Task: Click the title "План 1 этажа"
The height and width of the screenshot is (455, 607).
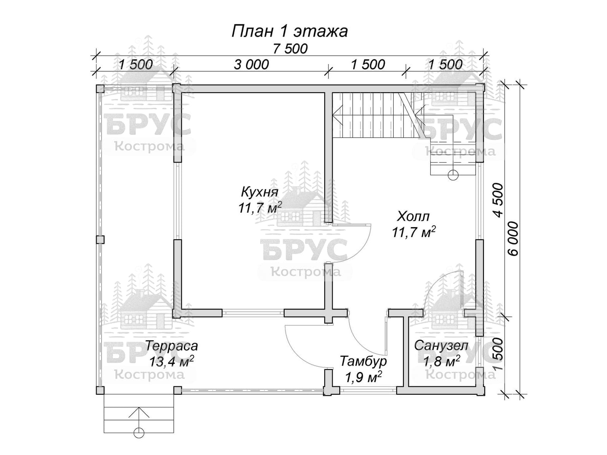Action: point(289,32)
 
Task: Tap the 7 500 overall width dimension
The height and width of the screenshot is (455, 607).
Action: point(290,49)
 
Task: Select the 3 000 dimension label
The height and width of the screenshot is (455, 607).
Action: point(251,64)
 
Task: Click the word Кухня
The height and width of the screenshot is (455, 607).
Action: point(259,192)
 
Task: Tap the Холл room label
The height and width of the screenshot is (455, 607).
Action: point(413,216)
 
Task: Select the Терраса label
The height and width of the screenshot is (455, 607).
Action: point(172,346)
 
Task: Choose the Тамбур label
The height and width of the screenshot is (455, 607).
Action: point(363,361)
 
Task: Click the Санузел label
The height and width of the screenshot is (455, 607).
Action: point(441,345)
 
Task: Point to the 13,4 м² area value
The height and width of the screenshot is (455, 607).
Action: point(172,361)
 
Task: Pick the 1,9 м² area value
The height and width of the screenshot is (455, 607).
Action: point(363,377)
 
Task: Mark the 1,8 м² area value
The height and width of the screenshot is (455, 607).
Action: point(442,361)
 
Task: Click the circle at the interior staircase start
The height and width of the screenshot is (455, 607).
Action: point(453,175)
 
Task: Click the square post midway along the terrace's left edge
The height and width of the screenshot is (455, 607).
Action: point(100,240)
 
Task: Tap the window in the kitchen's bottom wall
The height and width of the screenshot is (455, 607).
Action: point(253,313)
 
